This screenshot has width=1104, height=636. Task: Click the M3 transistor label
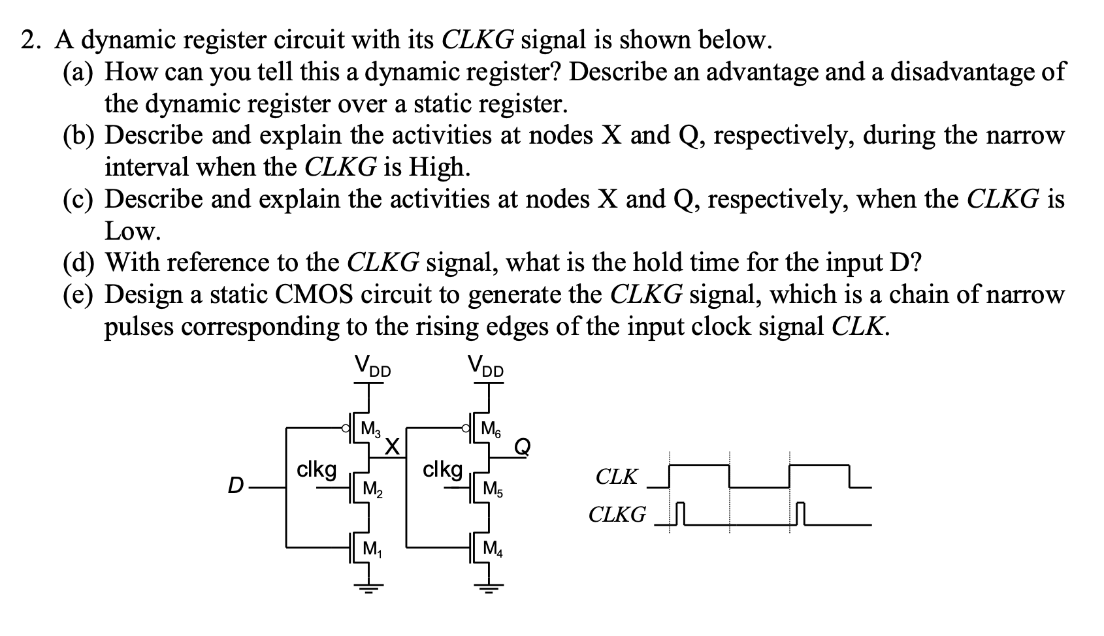(x=370, y=430)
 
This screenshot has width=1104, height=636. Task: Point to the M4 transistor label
(x=492, y=549)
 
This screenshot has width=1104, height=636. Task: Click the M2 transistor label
(x=371, y=488)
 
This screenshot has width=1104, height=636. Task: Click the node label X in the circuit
(x=392, y=447)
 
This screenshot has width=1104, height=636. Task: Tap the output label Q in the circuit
(x=522, y=447)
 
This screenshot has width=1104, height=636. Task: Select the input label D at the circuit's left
(x=235, y=486)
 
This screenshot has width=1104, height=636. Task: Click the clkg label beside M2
(x=317, y=469)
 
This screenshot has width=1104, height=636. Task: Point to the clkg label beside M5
(x=443, y=469)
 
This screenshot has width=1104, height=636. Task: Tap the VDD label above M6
(x=486, y=366)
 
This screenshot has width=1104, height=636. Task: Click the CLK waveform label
(x=616, y=477)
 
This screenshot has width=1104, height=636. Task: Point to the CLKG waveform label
(x=617, y=515)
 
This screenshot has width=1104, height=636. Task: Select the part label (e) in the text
(x=78, y=295)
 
